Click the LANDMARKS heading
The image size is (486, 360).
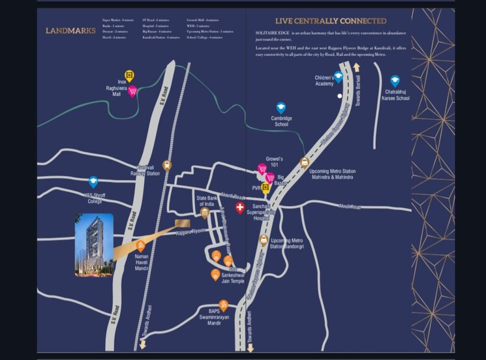pos(70,30)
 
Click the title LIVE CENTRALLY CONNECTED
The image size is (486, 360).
pos(330,21)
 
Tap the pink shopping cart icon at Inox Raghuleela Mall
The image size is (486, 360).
pos(132,91)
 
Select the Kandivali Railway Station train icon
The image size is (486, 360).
pos(167,166)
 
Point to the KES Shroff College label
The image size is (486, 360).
pos(91,198)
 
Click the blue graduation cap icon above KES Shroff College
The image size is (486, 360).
pos(93,181)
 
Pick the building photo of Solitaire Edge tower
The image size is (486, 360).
pos(94,245)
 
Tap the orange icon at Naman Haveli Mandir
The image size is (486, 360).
pos(141,246)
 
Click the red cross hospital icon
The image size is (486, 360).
pos(240,208)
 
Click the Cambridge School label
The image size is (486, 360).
pos(281,121)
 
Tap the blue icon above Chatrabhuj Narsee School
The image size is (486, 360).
pos(395,80)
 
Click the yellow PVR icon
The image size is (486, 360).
pos(266,188)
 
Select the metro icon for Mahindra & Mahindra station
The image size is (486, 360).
pos(304,162)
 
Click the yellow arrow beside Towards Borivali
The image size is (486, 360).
pos(356,67)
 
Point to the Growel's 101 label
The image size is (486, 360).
pos(274,162)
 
